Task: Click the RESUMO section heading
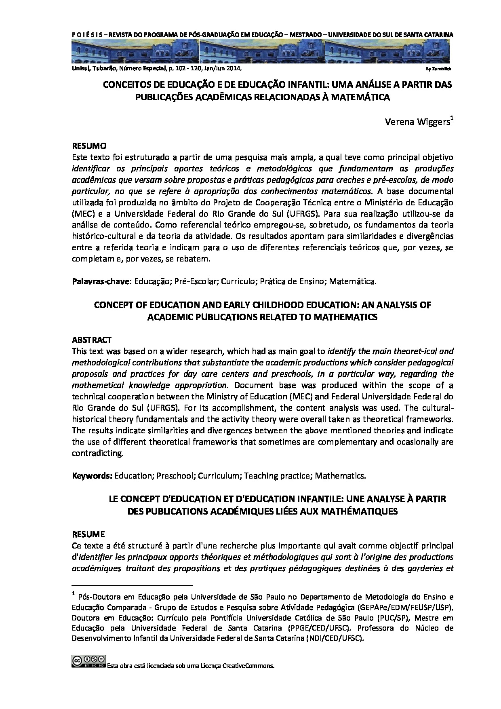tap(89, 146)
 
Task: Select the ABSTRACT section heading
tap(91, 340)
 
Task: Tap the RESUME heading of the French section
tap(88, 534)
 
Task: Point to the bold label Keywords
tap(92, 476)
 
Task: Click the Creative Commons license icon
tap(88, 661)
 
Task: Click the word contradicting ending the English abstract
tap(97, 453)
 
